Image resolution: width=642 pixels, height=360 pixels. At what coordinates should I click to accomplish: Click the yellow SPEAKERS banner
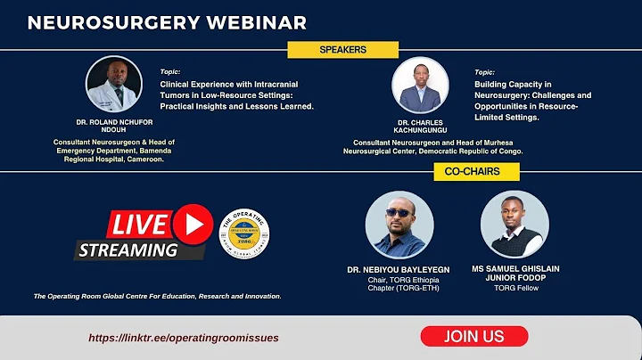[342, 50]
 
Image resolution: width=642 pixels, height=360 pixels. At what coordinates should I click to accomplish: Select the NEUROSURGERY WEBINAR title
[167, 22]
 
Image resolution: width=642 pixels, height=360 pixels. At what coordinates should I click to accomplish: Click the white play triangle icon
[193, 223]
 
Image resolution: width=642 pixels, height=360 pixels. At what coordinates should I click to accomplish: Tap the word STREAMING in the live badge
[128, 250]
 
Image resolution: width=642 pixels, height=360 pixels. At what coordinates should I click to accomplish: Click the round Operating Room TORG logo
[243, 236]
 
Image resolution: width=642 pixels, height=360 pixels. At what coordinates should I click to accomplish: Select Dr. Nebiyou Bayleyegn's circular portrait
[399, 225]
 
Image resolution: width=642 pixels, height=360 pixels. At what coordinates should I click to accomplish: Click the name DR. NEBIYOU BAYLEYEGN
[399, 269]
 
